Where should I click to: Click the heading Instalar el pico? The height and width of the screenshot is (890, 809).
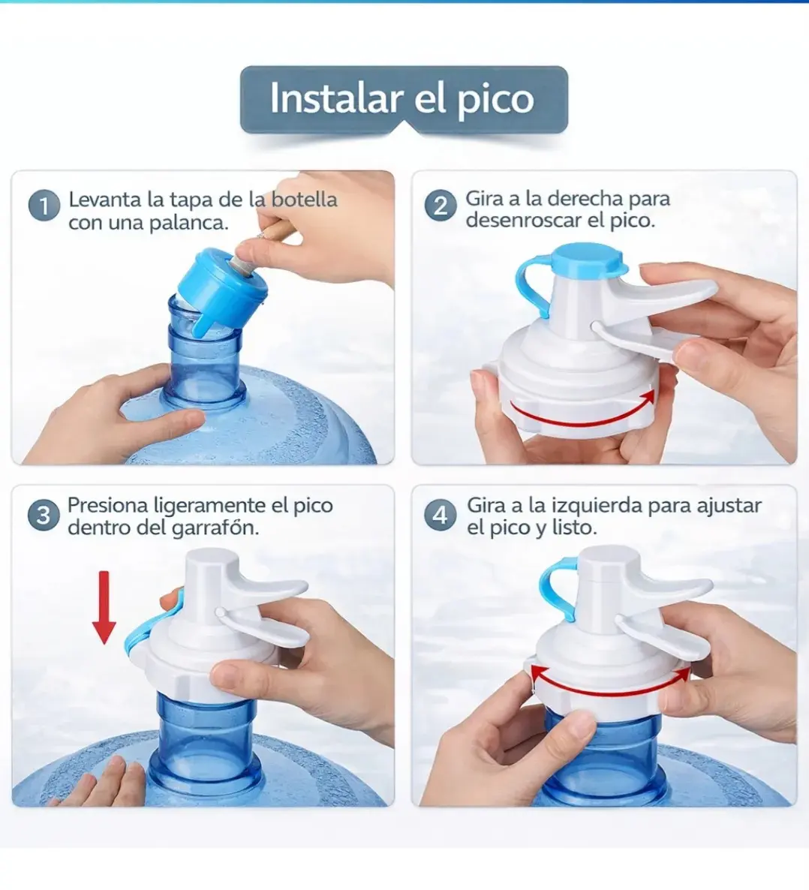tap(402, 99)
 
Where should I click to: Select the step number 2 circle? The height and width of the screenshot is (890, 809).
tap(441, 206)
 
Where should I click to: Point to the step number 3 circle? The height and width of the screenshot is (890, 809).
tap(44, 516)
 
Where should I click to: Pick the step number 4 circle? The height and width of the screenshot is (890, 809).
tap(440, 516)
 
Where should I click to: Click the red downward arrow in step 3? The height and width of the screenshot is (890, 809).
tap(104, 607)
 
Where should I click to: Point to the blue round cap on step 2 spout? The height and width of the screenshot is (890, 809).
tap(588, 258)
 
